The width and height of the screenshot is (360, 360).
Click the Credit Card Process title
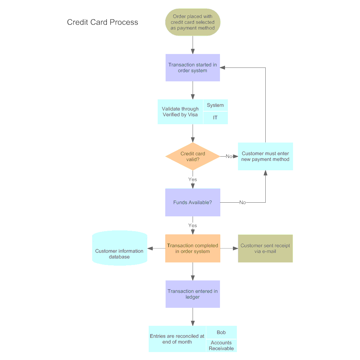pos(103,22)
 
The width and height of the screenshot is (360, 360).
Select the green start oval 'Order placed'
pos(193,22)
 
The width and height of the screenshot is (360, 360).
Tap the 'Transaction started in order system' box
pos(193,68)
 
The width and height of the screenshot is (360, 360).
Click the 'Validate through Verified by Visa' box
pos(180,112)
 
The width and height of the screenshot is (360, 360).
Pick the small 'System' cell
pos(215,105)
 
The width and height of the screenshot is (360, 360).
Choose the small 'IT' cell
pos(215,118)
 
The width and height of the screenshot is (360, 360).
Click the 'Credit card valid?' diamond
pos(193,156)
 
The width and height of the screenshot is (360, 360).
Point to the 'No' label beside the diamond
pos(229,156)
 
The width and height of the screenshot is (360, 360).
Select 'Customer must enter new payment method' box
pos(265,156)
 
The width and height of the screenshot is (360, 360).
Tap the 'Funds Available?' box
pos(193,202)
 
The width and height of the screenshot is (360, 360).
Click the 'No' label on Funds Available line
pos(243,202)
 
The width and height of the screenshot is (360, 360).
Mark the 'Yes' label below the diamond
pos(193,179)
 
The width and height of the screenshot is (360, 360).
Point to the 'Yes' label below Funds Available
pos(193,225)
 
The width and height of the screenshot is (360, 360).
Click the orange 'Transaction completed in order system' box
pos(193,248)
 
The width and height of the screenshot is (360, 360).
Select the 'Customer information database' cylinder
pos(120,252)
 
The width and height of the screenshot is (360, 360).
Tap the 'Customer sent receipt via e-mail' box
pos(265,248)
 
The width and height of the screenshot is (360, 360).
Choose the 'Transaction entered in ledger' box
pos(193,294)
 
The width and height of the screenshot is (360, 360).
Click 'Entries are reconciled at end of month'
pos(177,339)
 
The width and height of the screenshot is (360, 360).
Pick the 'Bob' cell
pos(221,332)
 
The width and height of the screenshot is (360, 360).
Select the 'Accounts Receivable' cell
pos(221,346)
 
